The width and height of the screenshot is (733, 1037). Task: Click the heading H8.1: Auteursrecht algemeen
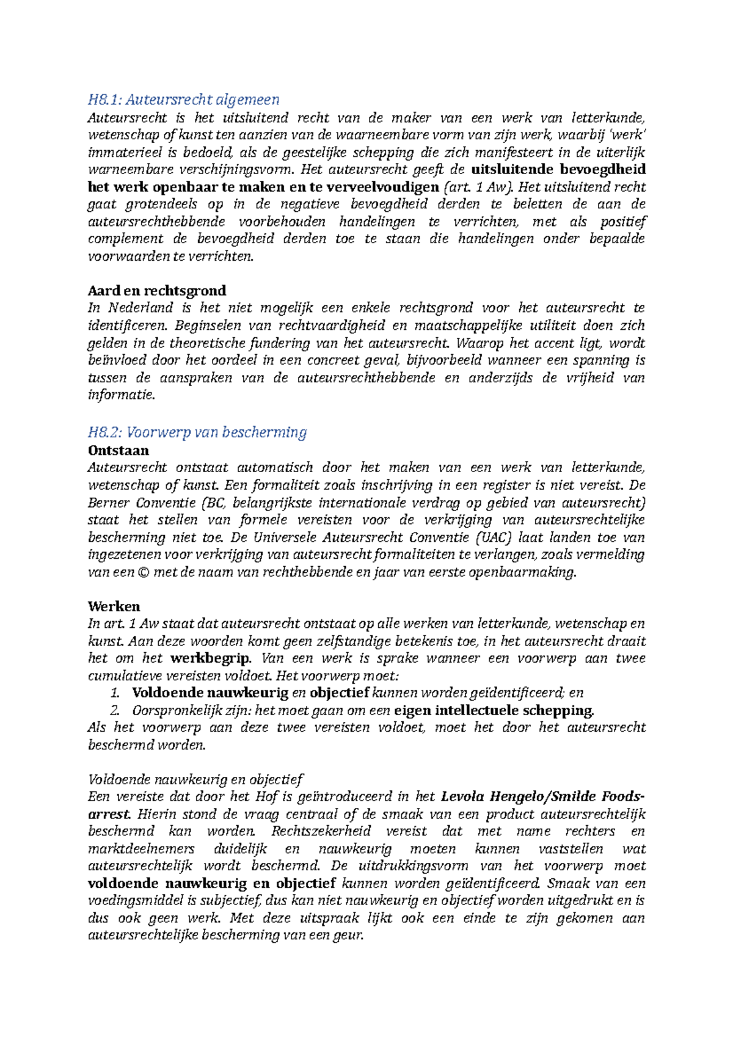pos(183,100)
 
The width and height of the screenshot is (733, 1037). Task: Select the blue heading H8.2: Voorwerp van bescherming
pos(197,432)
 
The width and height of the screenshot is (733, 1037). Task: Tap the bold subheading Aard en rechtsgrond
pos(157,291)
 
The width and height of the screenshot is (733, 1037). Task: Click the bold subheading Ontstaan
pos(119,451)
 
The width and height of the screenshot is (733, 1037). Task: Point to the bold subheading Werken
pos(114,606)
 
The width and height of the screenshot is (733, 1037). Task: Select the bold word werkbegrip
pos(211,658)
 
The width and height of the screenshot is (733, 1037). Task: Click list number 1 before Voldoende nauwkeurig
pos(115,693)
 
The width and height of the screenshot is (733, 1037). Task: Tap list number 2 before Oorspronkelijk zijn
pos(115,710)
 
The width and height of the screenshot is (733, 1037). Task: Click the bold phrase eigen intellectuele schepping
pos(494,710)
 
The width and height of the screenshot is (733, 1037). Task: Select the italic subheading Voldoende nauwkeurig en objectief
pos(195,779)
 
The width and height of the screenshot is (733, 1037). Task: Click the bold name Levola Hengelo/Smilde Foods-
pos(542,797)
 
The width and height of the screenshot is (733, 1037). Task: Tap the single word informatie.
pos(122,395)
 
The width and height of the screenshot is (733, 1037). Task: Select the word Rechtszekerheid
pos(321,831)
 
